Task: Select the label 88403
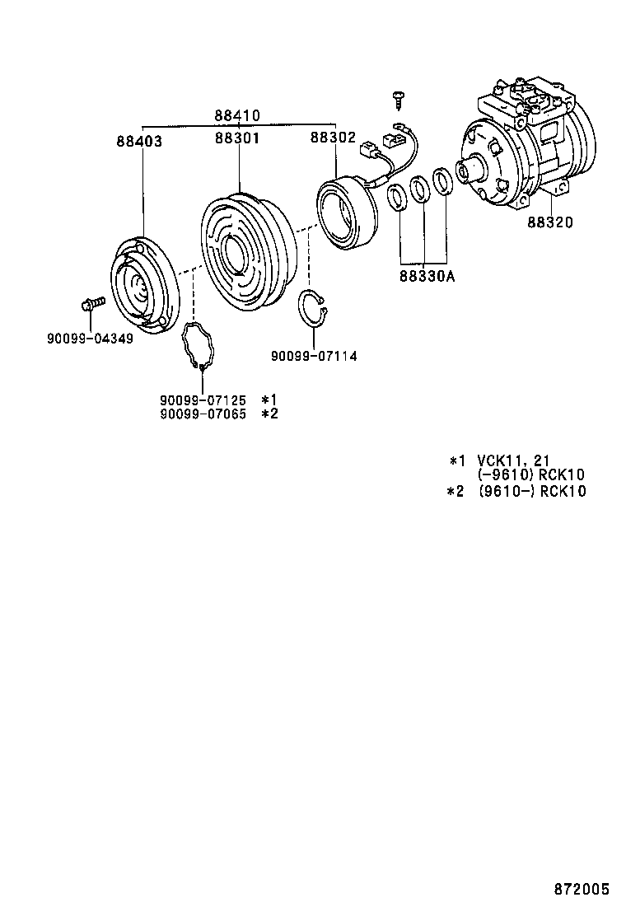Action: click(138, 142)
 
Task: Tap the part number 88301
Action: click(237, 139)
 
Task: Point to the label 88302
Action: click(332, 139)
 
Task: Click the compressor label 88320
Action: click(550, 222)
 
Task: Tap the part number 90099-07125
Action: click(203, 400)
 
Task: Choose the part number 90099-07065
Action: click(203, 414)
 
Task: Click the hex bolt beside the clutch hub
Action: click(91, 304)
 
